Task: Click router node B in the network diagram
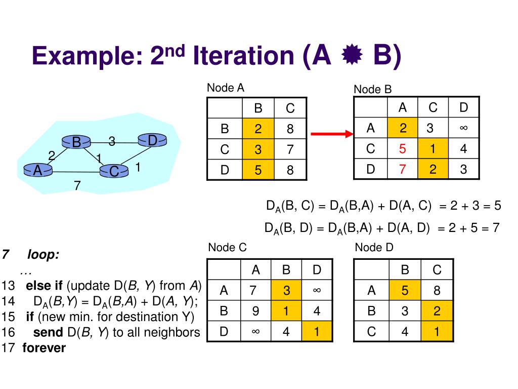pyautogui.click(x=76, y=142)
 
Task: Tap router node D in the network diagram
pyautogui.click(x=152, y=140)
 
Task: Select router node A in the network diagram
pyautogui.click(x=37, y=171)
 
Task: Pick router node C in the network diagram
pyautogui.click(x=114, y=172)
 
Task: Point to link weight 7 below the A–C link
pyautogui.click(x=77, y=186)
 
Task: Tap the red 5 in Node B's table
pyautogui.click(x=403, y=149)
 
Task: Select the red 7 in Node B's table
pyautogui.click(x=403, y=170)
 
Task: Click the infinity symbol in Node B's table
pyautogui.click(x=463, y=129)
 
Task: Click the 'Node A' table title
pyautogui.click(x=226, y=88)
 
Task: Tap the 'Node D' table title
pyautogui.click(x=374, y=248)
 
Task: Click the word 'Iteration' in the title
pyautogui.click(x=242, y=57)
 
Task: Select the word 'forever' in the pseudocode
pyautogui.click(x=44, y=348)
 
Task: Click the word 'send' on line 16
pyautogui.click(x=49, y=332)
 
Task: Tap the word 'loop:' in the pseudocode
pyautogui.click(x=43, y=255)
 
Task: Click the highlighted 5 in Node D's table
pyautogui.click(x=405, y=291)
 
